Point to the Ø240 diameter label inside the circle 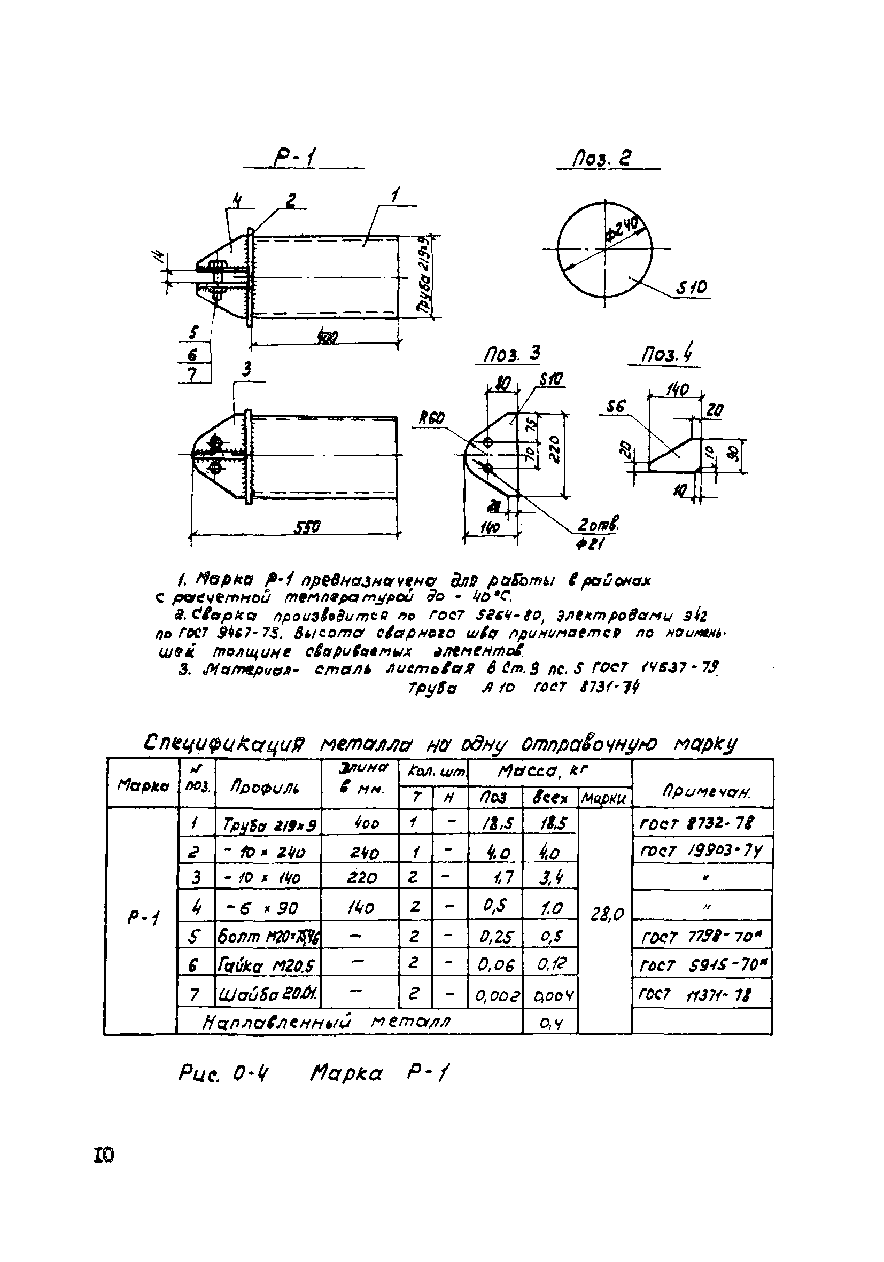623,229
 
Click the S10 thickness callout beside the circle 692,287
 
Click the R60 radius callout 431,418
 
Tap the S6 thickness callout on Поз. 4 615,407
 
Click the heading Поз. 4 667,354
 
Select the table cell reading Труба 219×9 268,824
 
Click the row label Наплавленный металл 327,1022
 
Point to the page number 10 103,1155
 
